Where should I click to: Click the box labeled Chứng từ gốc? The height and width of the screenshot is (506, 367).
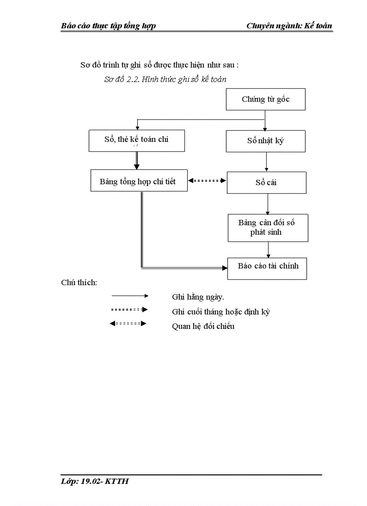click(265, 100)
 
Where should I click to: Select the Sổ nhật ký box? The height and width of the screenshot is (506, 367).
click(265, 141)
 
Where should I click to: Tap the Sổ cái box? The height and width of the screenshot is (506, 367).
click(266, 182)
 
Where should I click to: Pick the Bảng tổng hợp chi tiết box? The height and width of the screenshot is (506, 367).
click(139, 181)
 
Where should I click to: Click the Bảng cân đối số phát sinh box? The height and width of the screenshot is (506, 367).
click(268, 228)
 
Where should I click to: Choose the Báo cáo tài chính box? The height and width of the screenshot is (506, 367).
click(267, 268)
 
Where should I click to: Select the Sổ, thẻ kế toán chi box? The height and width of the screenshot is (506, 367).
click(136, 140)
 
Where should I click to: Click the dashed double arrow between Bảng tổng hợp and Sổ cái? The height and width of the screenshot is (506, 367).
click(207, 181)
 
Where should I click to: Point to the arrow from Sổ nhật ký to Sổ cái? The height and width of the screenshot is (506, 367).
click(266, 162)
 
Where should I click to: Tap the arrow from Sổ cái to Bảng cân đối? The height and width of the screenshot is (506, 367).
click(268, 204)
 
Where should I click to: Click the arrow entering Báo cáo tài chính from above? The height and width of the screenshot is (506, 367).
click(269, 250)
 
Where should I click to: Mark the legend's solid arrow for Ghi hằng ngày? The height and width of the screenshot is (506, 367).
click(130, 296)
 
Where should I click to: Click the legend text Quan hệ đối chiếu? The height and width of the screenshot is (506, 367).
click(203, 326)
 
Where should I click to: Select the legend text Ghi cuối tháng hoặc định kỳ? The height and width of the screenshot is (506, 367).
click(220, 311)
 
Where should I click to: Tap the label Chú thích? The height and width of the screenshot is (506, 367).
click(79, 283)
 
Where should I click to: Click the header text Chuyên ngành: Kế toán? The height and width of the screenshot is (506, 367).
click(289, 26)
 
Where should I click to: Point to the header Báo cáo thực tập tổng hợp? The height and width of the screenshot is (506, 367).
click(108, 26)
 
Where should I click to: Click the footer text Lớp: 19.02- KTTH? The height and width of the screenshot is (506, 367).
click(95, 481)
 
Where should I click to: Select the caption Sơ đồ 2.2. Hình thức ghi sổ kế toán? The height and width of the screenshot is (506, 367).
click(165, 79)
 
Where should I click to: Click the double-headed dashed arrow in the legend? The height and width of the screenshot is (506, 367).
click(128, 324)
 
